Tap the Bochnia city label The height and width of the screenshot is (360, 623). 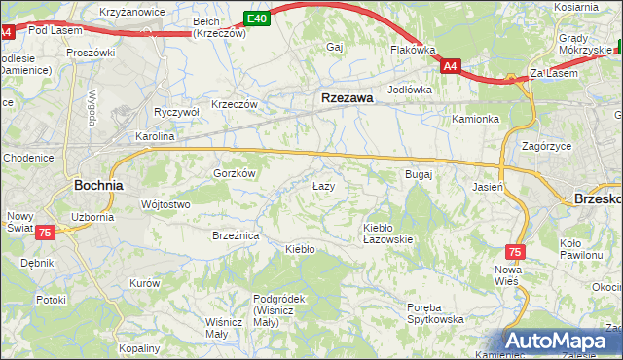tap(98, 184)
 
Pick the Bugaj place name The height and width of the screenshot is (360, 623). tap(418, 174)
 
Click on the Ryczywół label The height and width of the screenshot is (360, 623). tap(176, 112)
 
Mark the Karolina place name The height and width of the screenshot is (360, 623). tap(154, 137)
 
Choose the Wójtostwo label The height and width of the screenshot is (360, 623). tap(165, 204)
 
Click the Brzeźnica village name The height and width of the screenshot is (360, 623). tap(235, 235)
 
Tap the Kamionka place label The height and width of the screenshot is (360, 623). tap(475, 119)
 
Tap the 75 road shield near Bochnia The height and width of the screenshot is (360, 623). tap(44, 234)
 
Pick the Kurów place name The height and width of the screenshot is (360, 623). tap(144, 282)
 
